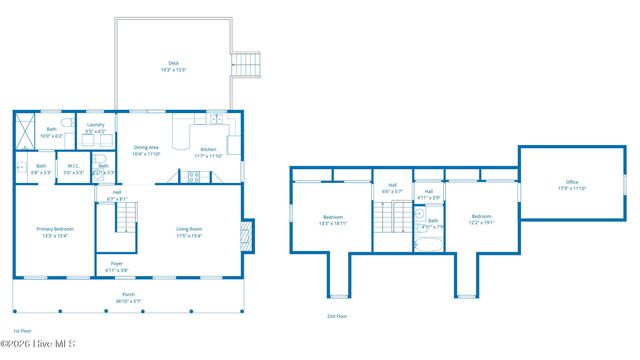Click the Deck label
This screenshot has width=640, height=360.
[x=174, y=66]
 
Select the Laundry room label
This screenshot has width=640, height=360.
[x=96, y=128]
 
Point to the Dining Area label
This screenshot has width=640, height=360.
[x=146, y=151]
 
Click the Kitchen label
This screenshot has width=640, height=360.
[x=208, y=153]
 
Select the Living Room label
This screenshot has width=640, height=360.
[x=189, y=232]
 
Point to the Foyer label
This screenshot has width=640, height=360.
[x=117, y=267]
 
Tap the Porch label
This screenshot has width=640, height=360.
[x=128, y=297]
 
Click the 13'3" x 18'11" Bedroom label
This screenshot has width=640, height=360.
[x=333, y=220]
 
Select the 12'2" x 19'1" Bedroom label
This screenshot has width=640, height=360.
[x=481, y=219]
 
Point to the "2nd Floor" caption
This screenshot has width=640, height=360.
[x=336, y=316]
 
